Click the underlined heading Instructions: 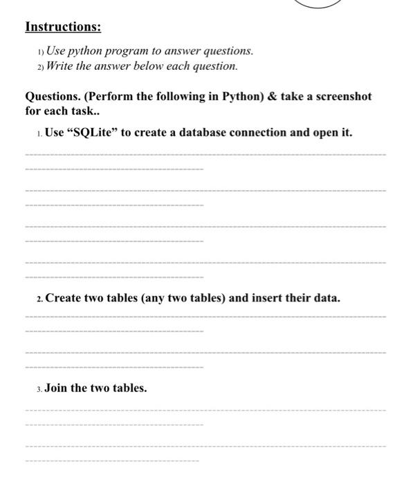[x=63, y=27]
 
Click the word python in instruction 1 [x=82, y=51]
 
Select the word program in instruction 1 [x=122, y=51]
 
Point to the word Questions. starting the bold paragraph [x=52, y=96]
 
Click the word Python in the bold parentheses [x=239, y=96]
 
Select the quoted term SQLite [x=92, y=132]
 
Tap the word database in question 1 [x=205, y=132]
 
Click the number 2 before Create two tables [x=38, y=299]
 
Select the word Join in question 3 [x=56, y=387]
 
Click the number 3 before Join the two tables [x=38, y=388]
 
